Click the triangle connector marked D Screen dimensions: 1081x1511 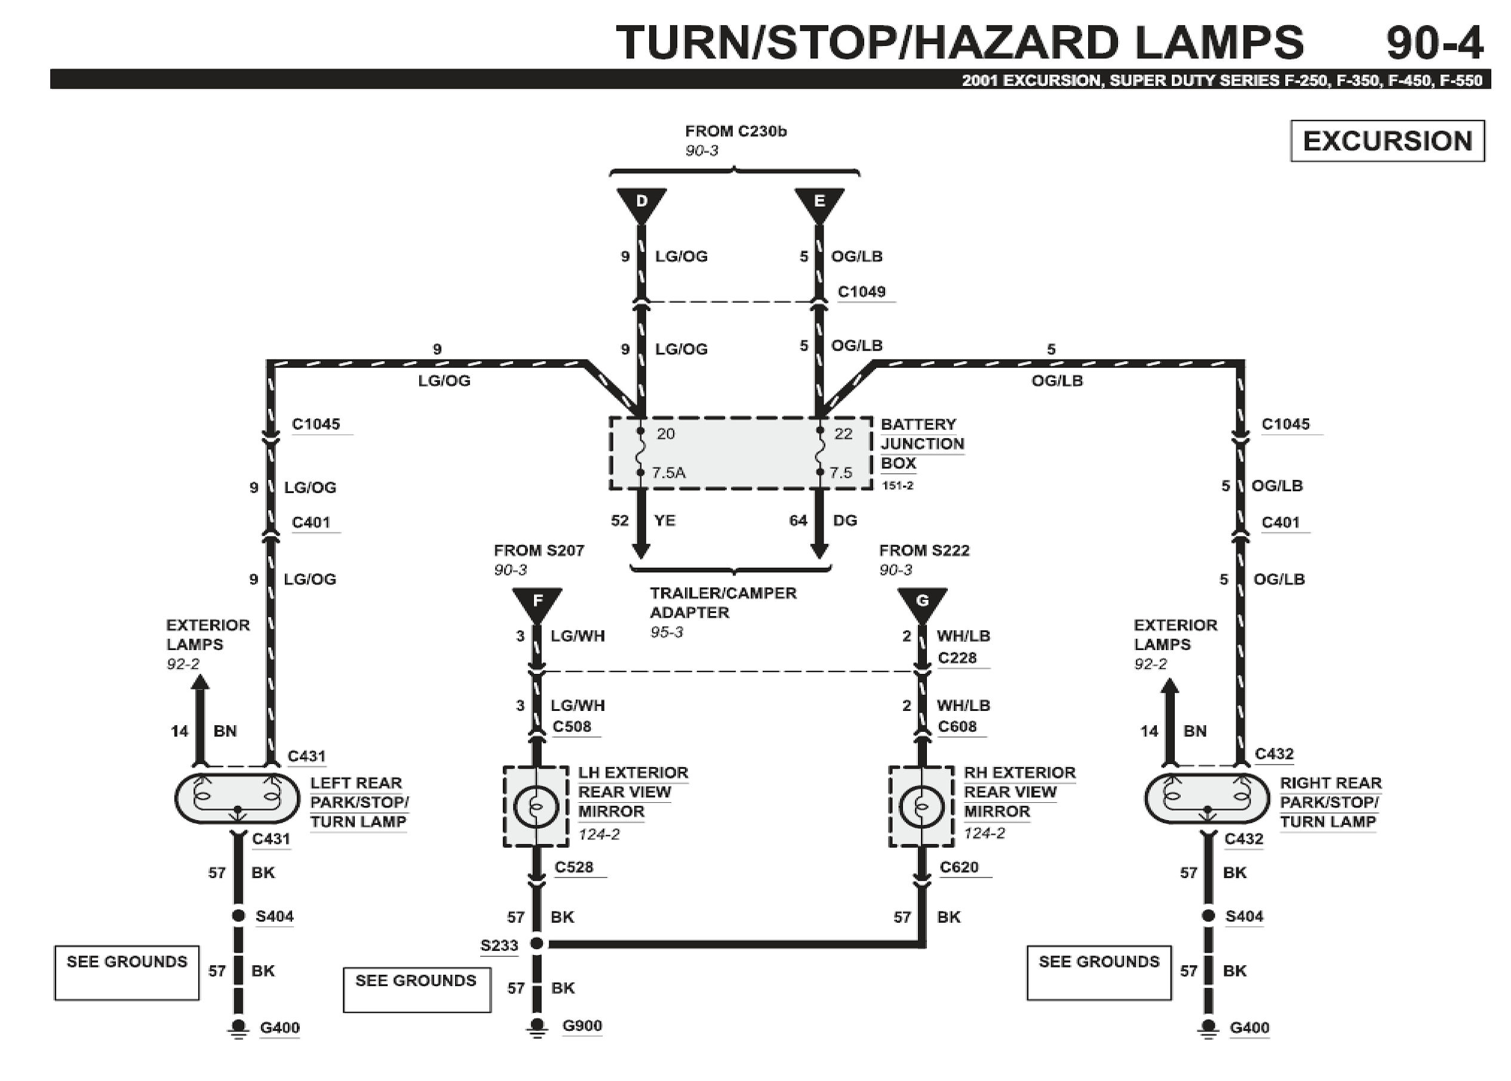641,202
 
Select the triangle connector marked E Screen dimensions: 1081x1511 818,202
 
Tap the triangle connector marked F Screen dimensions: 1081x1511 537,602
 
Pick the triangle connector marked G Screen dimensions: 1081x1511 922,602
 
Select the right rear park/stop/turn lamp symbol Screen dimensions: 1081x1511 1206,798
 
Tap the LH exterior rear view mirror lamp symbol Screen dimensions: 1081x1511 535,807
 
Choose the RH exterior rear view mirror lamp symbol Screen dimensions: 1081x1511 921,807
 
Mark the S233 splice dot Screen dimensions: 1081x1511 537,943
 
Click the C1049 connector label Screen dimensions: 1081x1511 861,291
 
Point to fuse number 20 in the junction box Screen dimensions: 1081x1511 665,434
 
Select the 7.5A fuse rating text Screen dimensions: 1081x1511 668,473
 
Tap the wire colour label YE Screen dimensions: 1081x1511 665,521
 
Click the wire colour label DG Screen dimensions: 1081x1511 844,521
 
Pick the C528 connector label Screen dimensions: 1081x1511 573,867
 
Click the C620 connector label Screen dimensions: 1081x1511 959,867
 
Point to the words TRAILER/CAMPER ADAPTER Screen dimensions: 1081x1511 723,602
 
